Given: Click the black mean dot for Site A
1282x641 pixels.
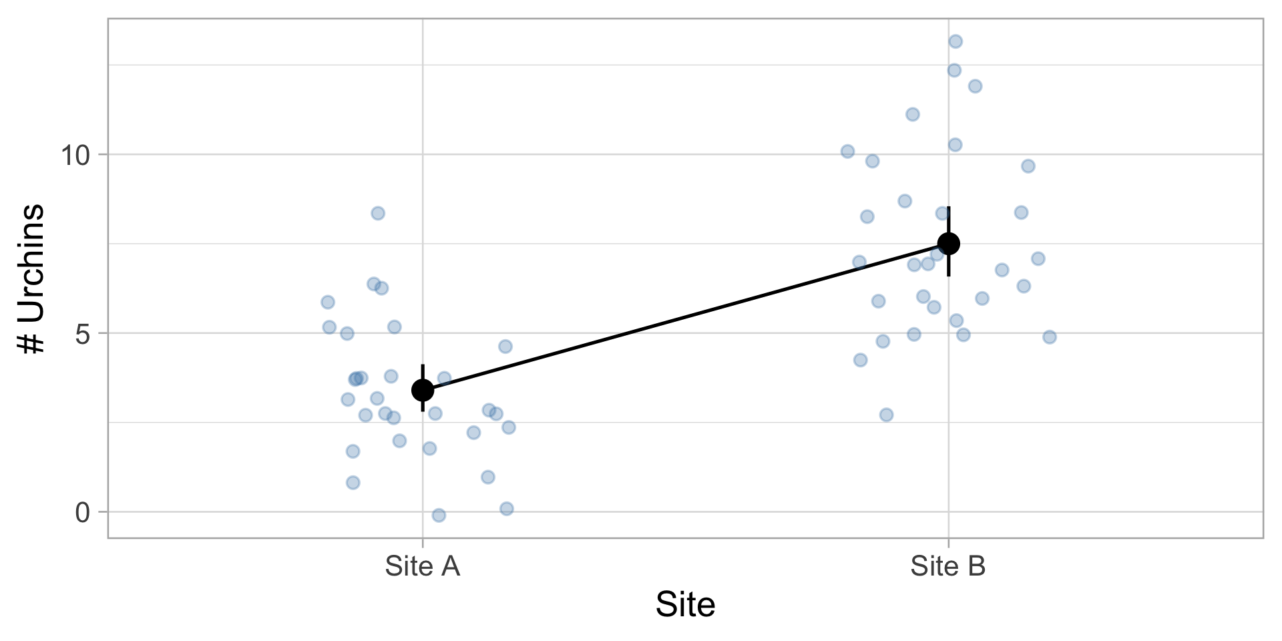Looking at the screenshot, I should [422, 389].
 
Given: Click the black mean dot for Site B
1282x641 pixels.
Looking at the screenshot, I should [948, 243].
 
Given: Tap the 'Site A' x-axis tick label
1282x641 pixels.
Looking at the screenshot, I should [422, 566].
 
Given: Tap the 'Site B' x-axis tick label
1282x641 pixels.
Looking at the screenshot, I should [947, 566].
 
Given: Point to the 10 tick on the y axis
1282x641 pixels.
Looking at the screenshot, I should [75, 155].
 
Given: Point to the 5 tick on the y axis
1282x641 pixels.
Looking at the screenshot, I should [82, 333].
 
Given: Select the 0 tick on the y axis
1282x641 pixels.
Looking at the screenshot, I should [82, 512].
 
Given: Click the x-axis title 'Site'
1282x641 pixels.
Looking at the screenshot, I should [685, 605].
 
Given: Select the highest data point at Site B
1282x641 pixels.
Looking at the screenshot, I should [955, 41].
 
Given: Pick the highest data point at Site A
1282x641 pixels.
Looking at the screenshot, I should [378, 213].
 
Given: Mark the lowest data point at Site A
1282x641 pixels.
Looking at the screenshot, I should [439, 515].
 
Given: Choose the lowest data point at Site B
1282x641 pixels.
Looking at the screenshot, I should [886, 415].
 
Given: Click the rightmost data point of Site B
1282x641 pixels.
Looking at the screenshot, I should [1050, 337].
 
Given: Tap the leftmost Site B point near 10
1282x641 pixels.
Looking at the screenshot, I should [847, 152].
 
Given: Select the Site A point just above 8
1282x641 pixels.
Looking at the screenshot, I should [378, 213].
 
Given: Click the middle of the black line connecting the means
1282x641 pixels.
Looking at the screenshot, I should [685, 316].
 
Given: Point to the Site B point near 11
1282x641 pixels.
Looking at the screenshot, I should [913, 114].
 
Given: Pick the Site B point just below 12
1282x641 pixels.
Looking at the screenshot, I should [975, 86].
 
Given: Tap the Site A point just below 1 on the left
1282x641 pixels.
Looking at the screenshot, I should [353, 482].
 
